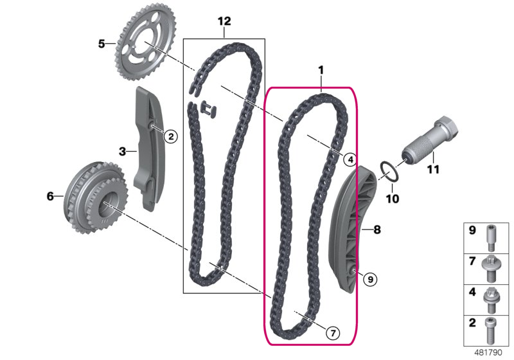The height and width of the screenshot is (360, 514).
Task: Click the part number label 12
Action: (x=224, y=21)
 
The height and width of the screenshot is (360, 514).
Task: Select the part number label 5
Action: (x=102, y=44)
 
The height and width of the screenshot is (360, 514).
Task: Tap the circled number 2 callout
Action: (x=171, y=136)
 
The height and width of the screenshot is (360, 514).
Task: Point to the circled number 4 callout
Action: (x=350, y=159)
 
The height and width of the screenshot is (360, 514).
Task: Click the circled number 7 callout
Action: (x=333, y=333)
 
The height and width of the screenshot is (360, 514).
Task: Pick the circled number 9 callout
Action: (x=371, y=280)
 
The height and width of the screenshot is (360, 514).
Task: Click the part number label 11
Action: (x=432, y=170)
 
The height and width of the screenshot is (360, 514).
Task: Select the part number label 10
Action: (x=393, y=199)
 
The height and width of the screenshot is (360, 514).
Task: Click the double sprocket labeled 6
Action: (x=96, y=197)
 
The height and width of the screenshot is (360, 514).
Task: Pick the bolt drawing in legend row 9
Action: (x=491, y=238)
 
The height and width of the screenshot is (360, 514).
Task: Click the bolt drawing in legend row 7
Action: (x=490, y=268)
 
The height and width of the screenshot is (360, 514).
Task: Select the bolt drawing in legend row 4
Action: (x=491, y=300)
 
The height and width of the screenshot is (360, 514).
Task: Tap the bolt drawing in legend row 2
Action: (x=491, y=330)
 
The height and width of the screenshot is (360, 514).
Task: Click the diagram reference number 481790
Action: (x=488, y=352)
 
